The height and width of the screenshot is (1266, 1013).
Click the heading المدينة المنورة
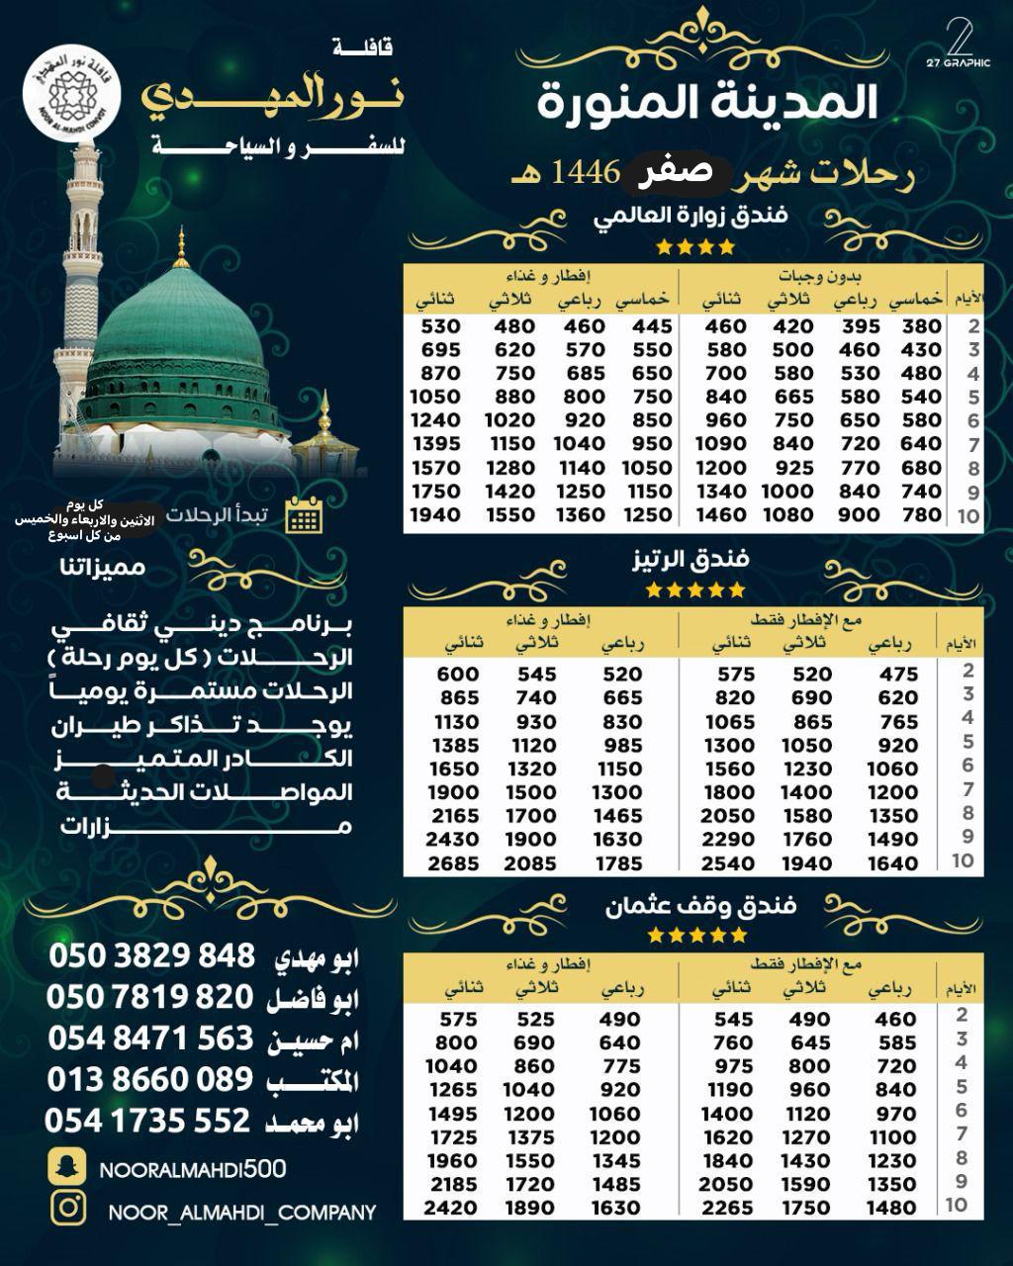[707, 103]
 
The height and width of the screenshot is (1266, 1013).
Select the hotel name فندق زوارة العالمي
[691, 216]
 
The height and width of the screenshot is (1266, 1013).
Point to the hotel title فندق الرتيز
[691, 559]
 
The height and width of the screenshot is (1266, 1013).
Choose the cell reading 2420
[451, 1208]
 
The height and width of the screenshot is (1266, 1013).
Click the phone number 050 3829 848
[151, 955]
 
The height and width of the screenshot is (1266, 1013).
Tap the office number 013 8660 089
[150, 1078]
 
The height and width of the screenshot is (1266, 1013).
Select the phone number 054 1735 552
[148, 1121]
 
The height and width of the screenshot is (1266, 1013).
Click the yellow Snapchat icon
[67, 1167]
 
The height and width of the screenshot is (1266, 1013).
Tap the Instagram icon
[67, 1209]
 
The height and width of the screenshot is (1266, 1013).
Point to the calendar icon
[303, 515]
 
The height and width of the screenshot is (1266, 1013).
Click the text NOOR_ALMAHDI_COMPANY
[242, 1212]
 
